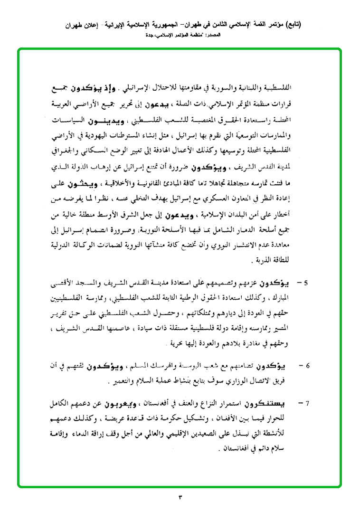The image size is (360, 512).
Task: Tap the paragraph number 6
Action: (x=307, y=366)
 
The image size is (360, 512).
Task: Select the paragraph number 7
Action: (x=307, y=403)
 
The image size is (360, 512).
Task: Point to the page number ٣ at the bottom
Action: (x=180, y=497)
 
